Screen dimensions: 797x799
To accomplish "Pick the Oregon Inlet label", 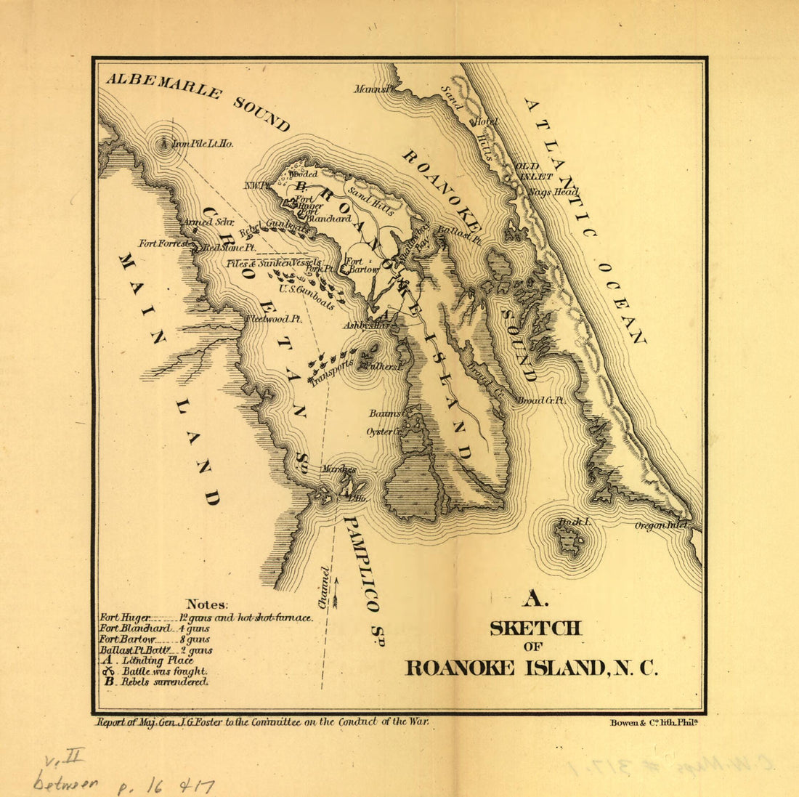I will coord(660,525).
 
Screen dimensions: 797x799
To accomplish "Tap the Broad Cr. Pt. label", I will coord(541,400).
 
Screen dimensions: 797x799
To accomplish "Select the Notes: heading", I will coord(207,604).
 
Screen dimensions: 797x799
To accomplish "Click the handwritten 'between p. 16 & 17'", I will coord(123,782).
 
